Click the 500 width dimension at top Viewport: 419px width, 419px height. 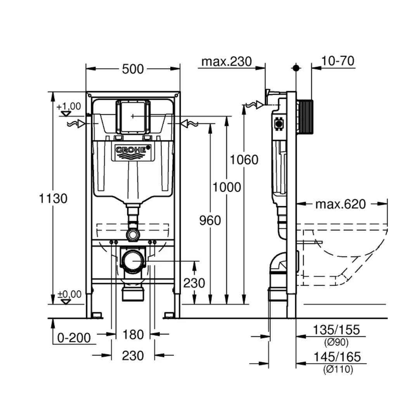pyautogui.click(x=133, y=69)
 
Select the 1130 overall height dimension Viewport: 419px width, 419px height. pyautogui.click(x=53, y=199)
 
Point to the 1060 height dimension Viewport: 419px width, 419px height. pyautogui.click(x=244, y=159)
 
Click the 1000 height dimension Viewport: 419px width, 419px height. pyautogui.click(x=227, y=187)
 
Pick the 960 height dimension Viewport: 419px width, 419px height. pyautogui.click(x=210, y=220)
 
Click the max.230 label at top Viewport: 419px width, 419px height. pyautogui.click(x=227, y=61)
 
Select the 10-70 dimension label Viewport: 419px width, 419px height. pyautogui.click(x=338, y=61)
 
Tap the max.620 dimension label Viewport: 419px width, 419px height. pyautogui.click(x=340, y=204)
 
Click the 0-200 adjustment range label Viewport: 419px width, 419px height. pyautogui.click(x=74, y=338)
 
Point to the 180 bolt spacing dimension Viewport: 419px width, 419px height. pyautogui.click(x=133, y=334)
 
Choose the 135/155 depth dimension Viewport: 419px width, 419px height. pyautogui.click(x=336, y=330)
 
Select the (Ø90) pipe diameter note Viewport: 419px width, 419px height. pyautogui.click(x=336, y=343)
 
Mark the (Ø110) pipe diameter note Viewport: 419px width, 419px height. pyautogui.click(x=338, y=370)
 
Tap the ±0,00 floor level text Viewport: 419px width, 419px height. pyautogui.click(x=69, y=294)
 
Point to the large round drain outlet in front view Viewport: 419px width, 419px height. pyautogui.click(x=133, y=261)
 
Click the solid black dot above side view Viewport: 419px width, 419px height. pyautogui.click(x=296, y=68)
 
